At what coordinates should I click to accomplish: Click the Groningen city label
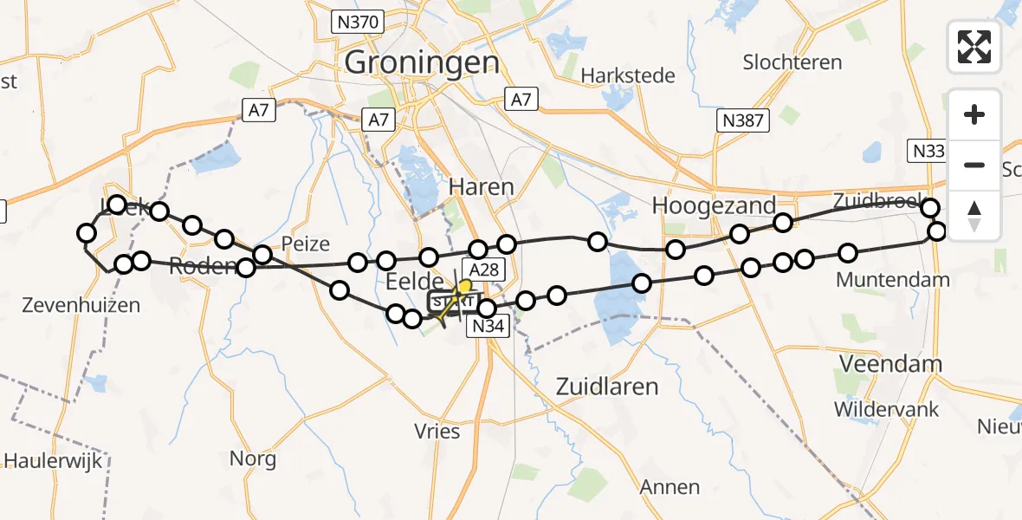coord(422,62)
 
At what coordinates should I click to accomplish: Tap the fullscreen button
coord(974,47)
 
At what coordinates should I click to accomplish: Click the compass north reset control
coord(974,215)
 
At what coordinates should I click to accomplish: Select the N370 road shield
coord(357,23)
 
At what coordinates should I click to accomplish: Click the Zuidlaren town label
coord(607,386)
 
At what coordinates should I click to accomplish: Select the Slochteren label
coord(792,62)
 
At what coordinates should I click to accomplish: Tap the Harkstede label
coord(628,75)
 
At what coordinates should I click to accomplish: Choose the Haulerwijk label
coord(54,460)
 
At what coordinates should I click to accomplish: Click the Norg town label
coord(253,458)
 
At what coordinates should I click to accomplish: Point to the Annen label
coord(669,487)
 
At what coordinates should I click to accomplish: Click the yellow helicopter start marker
coord(465,287)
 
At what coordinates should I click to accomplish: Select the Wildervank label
coord(886,409)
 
